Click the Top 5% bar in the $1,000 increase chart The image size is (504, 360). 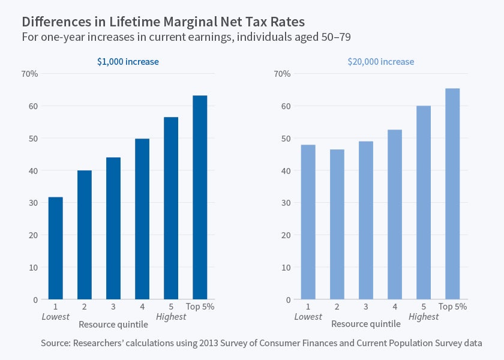pos(200,197)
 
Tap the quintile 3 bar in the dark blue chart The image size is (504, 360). pos(113,228)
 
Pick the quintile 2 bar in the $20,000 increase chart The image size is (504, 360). pos(337,224)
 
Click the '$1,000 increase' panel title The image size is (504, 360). pos(128,62)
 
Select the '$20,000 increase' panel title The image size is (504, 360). pos(380,62)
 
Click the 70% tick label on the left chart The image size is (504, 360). pos(29,74)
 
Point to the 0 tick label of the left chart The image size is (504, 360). pos(35,299)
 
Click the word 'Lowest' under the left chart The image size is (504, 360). pos(56,317)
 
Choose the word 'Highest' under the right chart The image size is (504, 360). pos(424,317)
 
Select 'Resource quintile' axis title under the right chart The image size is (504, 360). pos(365,324)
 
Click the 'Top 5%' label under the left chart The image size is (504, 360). pos(200,307)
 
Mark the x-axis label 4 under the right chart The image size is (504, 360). pos(395,307)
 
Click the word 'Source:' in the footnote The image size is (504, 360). pos(57,343)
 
